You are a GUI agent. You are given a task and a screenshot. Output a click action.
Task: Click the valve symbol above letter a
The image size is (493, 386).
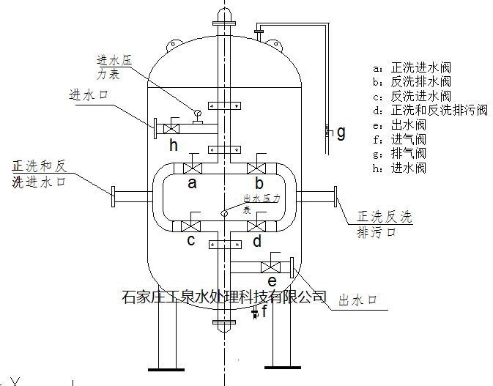(x=193, y=166)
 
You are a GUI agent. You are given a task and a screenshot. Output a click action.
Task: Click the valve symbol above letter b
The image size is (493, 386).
(x=258, y=166)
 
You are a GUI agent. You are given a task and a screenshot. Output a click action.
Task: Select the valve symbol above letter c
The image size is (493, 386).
(x=192, y=226)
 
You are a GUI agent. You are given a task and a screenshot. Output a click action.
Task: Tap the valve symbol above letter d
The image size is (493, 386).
(x=257, y=226)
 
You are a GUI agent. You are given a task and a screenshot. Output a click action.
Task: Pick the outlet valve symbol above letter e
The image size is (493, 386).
(x=272, y=266)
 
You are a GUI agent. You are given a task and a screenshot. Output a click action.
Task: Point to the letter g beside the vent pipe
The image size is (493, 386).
(x=340, y=132)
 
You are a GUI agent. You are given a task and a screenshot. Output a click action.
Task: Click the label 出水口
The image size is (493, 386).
(x=357, y=300)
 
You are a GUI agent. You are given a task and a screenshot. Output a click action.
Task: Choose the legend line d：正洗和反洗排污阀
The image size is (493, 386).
(x=429, y=111)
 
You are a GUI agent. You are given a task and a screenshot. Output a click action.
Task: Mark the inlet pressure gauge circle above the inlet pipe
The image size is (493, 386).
(x=196, y=114)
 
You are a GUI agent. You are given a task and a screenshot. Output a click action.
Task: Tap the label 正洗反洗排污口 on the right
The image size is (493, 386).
(x=385, y=224)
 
